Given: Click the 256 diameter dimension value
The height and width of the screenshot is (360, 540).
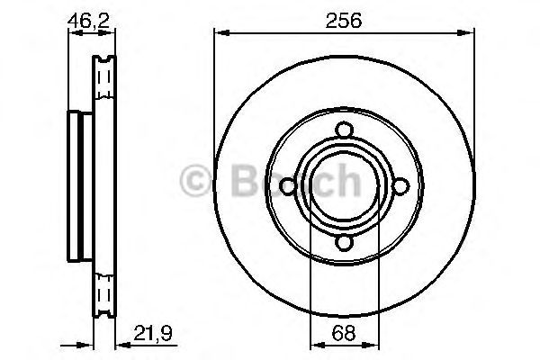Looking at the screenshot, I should pyautogui.click(x=344, y=20).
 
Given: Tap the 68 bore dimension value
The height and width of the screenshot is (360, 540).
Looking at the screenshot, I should pyautogui.click(x=342, y=333).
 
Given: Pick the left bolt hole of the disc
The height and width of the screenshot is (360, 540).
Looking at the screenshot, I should pyautogui.click(x=286, y=185).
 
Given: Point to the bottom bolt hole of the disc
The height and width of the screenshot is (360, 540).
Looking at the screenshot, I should pyautogui.click(x=343, y=243).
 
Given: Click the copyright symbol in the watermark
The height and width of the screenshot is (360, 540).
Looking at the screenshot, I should pyautogui.click(x=197, y=181).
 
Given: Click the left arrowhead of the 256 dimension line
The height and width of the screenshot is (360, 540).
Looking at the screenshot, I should pyautogui.click(x=219, y=34).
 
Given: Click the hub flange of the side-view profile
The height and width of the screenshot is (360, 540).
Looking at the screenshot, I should pyautogui.click(x=76, y=185).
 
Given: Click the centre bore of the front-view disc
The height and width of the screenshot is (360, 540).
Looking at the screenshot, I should pyautogui.click(x=343, y=185).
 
